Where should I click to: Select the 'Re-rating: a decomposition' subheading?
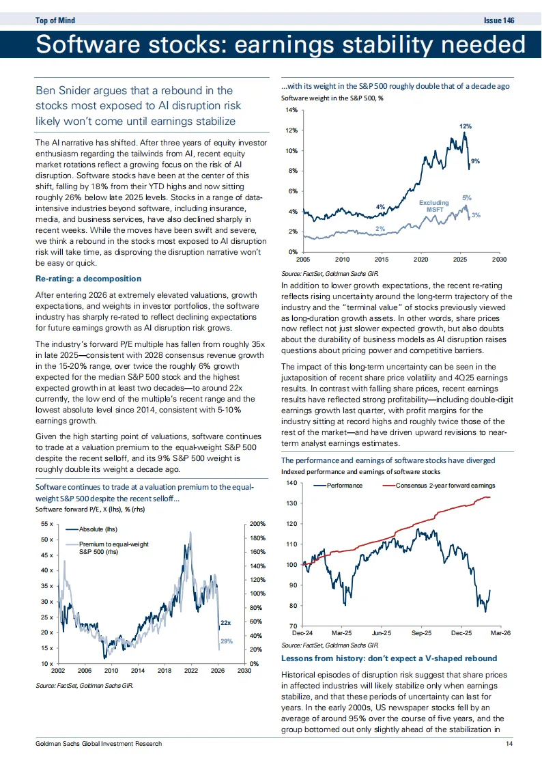click(88, 279)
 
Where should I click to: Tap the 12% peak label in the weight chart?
click(465, 126)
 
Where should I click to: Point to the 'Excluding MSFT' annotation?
click(434, 206)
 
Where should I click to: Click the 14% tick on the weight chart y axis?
click(291, 110)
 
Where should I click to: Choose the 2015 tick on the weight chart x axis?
click(382, 260)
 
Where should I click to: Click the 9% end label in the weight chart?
click(475, 161)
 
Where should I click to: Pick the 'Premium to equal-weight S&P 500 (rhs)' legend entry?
click(113, 548)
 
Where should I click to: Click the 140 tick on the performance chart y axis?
click(291, 483)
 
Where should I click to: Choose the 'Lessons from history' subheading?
click(389, 658)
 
